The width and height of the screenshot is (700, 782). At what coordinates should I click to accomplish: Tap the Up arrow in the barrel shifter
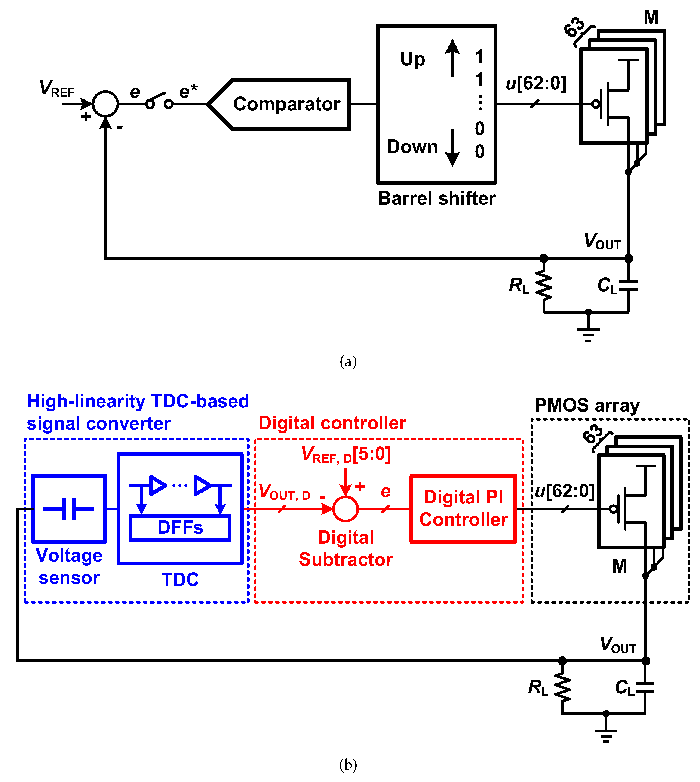point(452,58)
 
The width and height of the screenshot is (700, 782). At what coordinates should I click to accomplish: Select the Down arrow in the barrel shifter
point(452,148)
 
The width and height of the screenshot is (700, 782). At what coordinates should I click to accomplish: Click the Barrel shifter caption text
point(436,198)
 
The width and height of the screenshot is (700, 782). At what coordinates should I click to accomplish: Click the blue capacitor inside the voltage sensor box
point(68,508)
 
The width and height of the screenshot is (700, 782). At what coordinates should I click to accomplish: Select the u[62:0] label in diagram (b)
point(565,491)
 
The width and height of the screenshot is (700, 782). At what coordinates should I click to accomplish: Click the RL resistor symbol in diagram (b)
point(562,688)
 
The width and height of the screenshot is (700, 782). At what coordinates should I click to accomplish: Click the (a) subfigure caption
point(348,362)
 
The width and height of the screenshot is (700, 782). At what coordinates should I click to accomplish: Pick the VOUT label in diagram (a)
point(602,242)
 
